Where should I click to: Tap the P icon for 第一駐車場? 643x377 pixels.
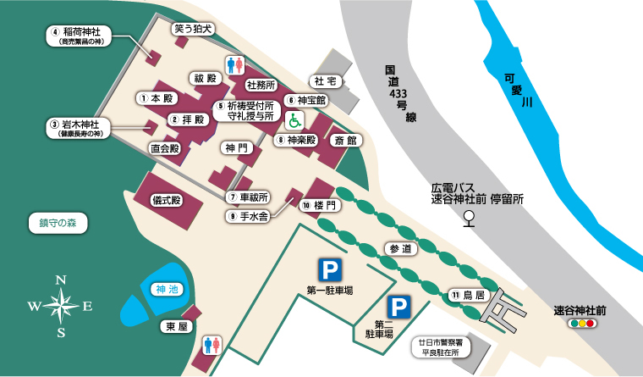(x=329, y=270)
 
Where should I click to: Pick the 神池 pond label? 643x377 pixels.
(x=168, y=290)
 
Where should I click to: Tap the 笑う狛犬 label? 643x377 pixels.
(x=194, y=29)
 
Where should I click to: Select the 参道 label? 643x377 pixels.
(x=400, y=249)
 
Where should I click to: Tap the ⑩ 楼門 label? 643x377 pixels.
(x=321, y=206)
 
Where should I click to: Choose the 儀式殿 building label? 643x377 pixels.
(x=166, y=201)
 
